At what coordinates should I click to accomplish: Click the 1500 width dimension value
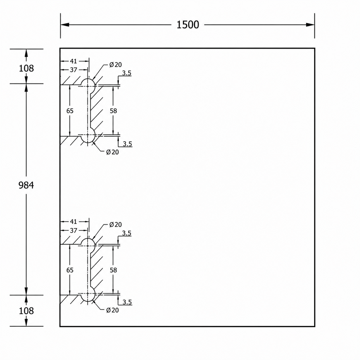tap(188, 25)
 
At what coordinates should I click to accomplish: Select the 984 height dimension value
tap(26, 185)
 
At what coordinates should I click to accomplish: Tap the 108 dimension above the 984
tap(26, 68)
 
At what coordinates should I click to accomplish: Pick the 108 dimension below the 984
tap(26, 311)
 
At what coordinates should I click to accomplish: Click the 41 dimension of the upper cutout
tap(73, 61)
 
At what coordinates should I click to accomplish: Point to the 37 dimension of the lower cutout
tap(73, 231)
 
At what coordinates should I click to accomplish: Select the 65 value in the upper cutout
tap(70, 111)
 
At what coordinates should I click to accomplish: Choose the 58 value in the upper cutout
tap(113, 111)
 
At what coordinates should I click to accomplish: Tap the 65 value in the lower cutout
tap(70, 270)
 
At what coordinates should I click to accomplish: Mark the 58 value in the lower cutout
tap(113, 270)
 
